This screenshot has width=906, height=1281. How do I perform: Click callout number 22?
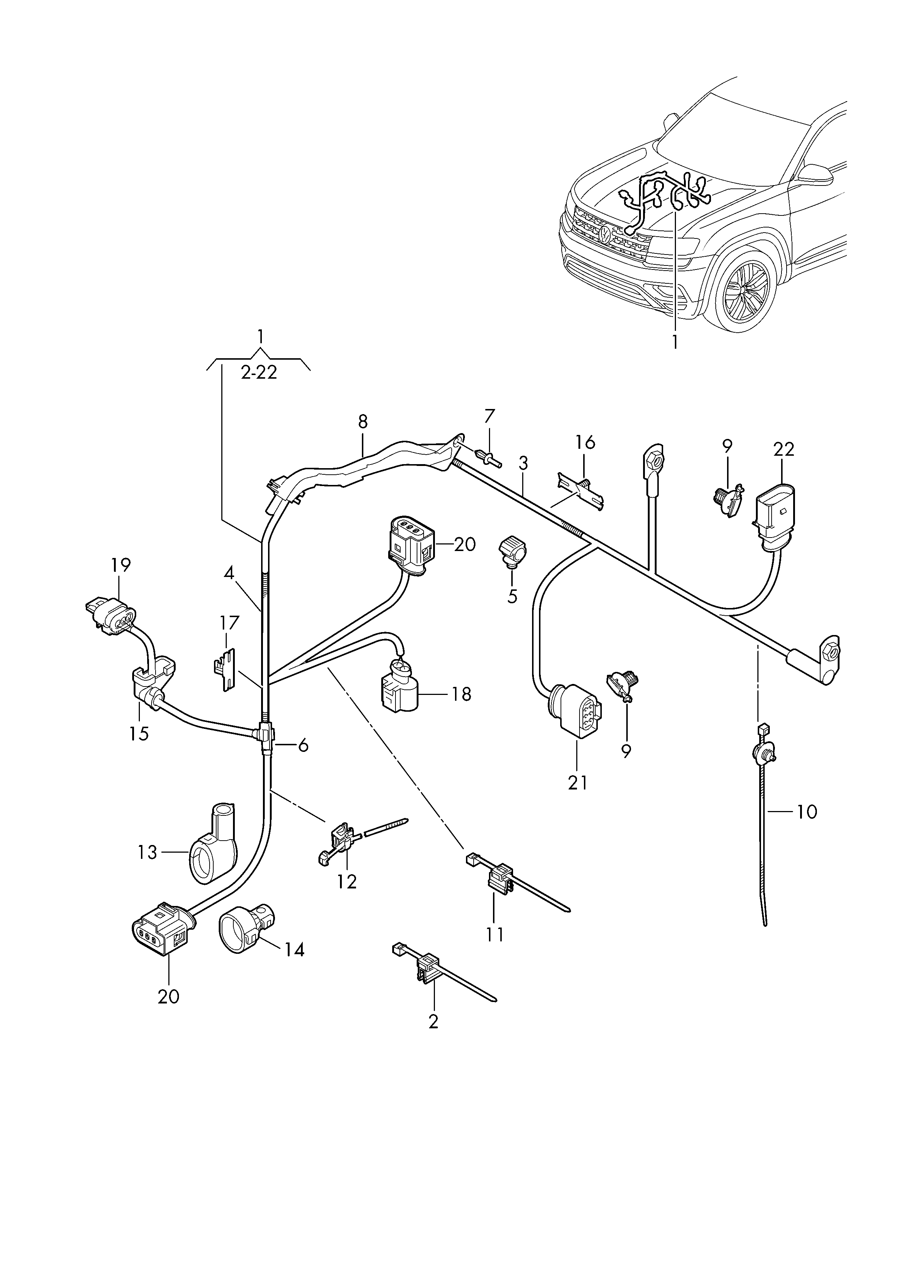coord(783,449)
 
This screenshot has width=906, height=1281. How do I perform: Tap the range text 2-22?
coord(259,372)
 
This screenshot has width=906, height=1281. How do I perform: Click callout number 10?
coord(807,811)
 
